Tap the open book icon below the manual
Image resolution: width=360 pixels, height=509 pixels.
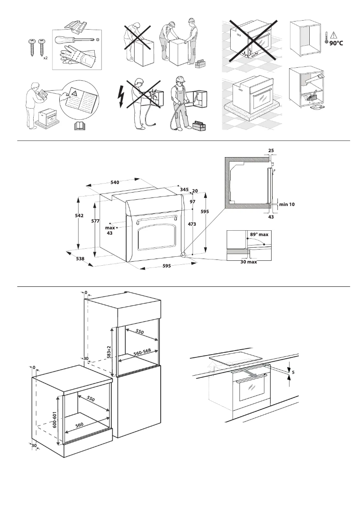click(79, 126)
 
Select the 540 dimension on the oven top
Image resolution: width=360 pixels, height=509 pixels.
click(114, 182)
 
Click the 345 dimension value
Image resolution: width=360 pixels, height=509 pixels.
click(184, 190)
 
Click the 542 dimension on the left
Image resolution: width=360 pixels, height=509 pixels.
click(79, 215)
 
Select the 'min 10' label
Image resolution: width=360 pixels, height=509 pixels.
click(287, 204)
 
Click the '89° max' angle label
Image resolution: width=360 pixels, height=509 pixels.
click(259, 234)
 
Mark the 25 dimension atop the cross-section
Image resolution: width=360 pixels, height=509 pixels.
click(271, 150)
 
